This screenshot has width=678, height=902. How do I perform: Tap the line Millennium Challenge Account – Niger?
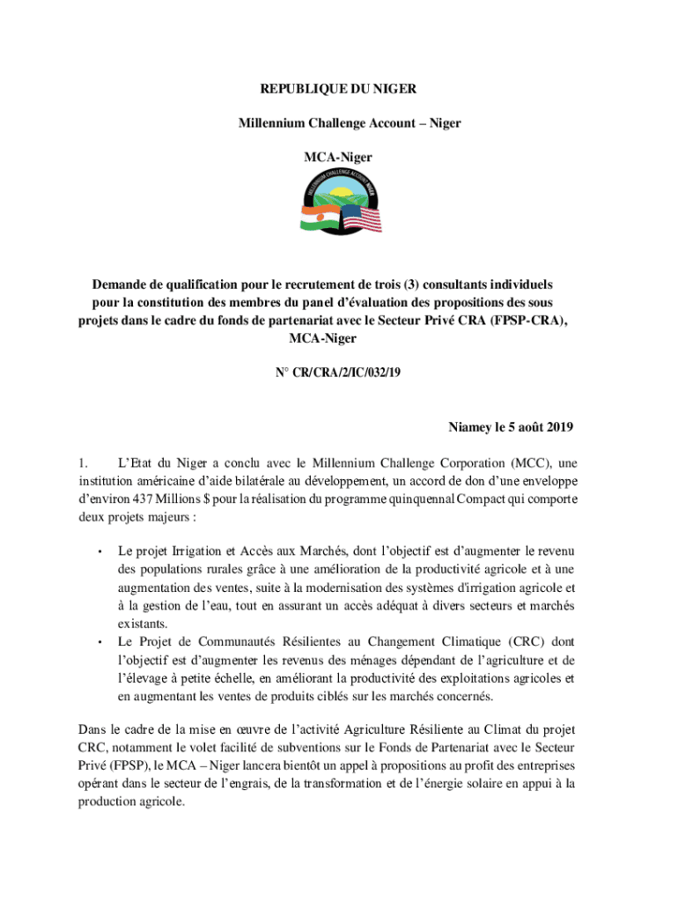coord(350,123)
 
